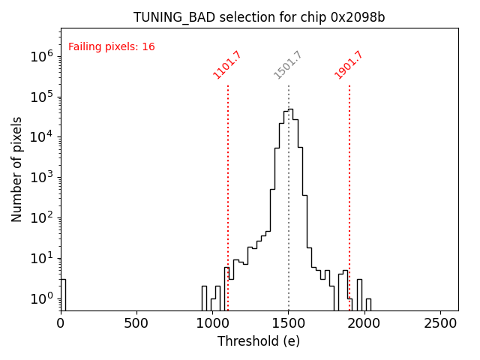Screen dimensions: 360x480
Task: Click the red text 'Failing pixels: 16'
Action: point(112,47)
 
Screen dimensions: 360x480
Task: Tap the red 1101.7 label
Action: point(228,65)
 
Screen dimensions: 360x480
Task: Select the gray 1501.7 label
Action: point(288,65)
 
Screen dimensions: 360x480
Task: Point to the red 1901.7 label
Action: point(349,65)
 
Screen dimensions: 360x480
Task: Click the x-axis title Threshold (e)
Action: point(259,341)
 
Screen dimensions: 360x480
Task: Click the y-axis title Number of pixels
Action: point(17,169)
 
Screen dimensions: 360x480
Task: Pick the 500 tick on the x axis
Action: point(136,322)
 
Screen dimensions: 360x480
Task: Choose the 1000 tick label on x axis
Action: point(212,322)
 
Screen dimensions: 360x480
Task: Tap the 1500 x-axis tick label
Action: point(288,322)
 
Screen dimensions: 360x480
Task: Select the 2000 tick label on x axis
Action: point(364,322)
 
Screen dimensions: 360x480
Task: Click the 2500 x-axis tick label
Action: point(439,322)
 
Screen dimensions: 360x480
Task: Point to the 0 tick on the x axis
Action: point(61,322)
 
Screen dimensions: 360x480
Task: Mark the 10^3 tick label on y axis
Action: point(41,177)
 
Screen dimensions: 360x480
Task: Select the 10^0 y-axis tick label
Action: point(41,298)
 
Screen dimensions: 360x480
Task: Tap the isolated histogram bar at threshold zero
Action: point(63,294)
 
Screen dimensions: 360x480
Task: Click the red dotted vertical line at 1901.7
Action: point(349,187)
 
